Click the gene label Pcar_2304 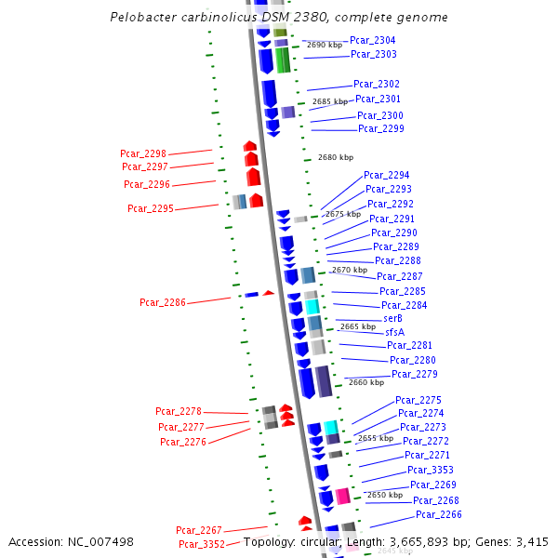[372, 40]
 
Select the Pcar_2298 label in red [142, 153]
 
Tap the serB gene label [392, 318]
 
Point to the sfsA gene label [394, 332]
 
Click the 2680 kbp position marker [335, 158]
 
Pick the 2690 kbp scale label [324, 45]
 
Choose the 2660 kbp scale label [365, 382]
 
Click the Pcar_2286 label [163, 302]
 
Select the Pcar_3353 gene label [431, 470]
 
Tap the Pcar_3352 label [201, 544]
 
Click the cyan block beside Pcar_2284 [312, 306]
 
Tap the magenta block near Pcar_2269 [342, 496]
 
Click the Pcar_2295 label [150, 208]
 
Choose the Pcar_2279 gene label [414, 374]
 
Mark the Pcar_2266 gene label [438, 514]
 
